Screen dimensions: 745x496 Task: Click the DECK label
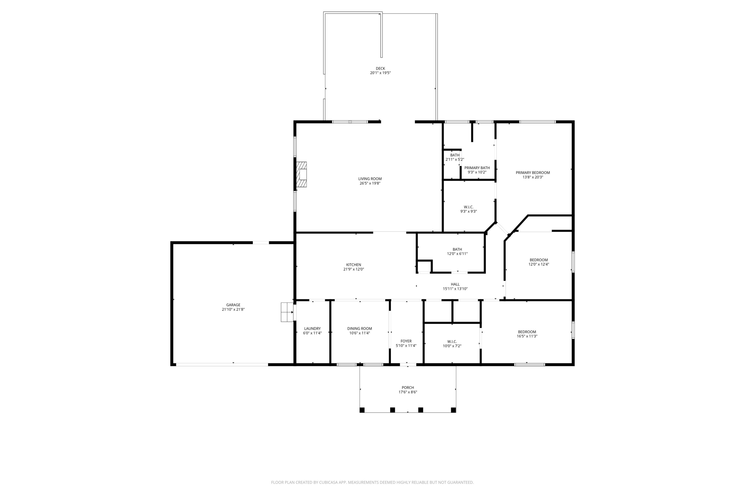tap(380, 68)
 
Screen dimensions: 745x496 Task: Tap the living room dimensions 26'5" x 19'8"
tap(370, 183)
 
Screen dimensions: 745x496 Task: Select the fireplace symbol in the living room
tap(301, 175)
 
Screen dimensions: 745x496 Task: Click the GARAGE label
tap(233, 305)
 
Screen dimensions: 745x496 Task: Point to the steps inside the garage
tap(287, 312)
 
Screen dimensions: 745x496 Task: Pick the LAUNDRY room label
tap(312, 329)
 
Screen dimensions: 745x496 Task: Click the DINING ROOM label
tap(360, 329)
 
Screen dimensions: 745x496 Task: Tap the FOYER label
tap(406, 341)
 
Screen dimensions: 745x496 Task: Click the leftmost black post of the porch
tap(362, 410)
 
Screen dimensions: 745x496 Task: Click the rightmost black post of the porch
tap(453, 410)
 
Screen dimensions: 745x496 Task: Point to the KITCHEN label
tap(353, 265)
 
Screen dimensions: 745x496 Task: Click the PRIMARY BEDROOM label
tap(533, 173)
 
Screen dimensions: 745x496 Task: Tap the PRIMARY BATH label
tap(477, 168)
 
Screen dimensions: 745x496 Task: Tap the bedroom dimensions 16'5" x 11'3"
tap(527, 336)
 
